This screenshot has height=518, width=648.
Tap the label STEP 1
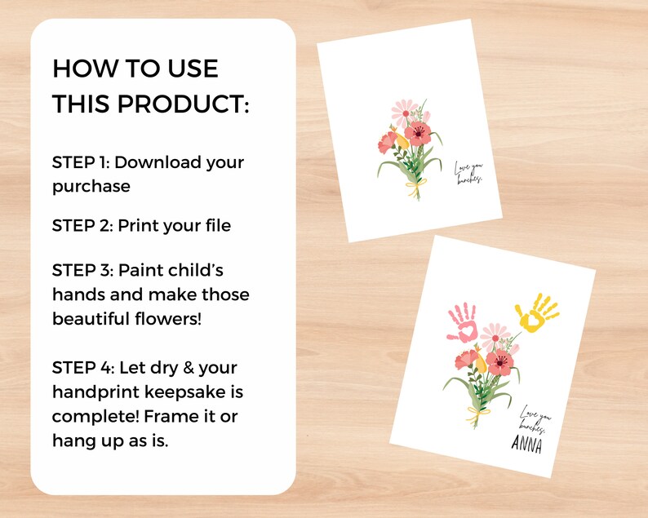click(79, 162)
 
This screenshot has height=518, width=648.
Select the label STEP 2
click(82, 225)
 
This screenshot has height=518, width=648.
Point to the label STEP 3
click(81, 270)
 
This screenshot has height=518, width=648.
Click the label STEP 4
click(82, 368)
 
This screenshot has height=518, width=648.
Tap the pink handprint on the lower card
click(463, 321)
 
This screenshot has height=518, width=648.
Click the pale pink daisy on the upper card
click(405, 112)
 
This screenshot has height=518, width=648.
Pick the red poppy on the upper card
click(418, 133)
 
